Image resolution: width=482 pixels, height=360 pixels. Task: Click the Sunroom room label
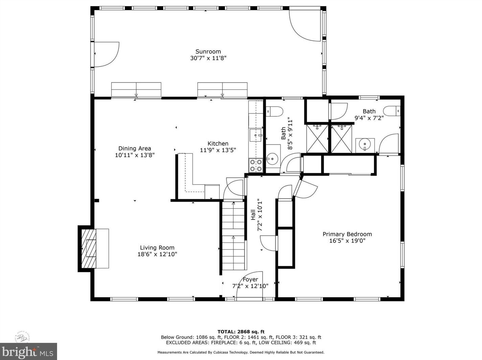click(208, 52)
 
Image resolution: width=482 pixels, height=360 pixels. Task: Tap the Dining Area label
click(135, 149)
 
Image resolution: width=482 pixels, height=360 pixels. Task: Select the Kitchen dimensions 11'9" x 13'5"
click(218, 150)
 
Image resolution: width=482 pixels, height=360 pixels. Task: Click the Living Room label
click(157, 248)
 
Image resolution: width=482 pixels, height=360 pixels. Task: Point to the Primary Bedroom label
click(347, 234)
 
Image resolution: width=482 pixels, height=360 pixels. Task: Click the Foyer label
click(250, 280)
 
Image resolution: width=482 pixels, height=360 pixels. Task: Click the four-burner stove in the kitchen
click(256, 165)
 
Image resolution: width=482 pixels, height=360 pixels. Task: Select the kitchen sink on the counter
click(256, 135)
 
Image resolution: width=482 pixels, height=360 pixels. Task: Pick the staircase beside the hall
click(233, 235)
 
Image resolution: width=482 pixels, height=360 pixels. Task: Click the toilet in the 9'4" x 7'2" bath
click(392, 111)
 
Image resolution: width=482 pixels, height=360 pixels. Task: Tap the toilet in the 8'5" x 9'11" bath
click(274, 111)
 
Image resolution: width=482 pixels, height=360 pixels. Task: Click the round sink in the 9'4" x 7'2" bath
click(365, 145)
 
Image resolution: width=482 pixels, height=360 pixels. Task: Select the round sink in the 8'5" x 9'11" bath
click(272, 158)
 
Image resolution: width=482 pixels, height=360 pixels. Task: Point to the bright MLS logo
click(28, 352)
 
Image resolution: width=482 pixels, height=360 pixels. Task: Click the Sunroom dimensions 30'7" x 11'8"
click(208, 58)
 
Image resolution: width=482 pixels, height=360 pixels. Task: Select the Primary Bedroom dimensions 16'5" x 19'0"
click(347, 241)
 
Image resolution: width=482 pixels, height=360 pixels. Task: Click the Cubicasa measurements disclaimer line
click(241, 353)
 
